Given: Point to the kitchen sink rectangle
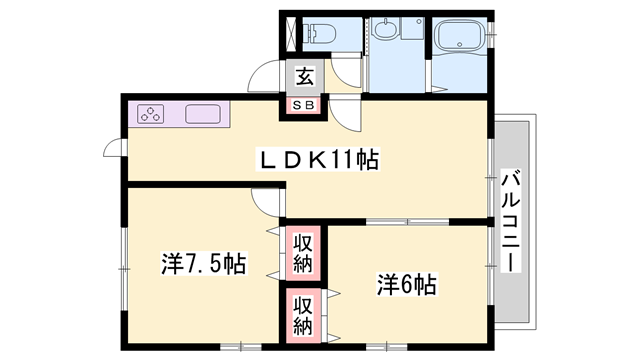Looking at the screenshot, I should pyautogui.click(x=202, y=114).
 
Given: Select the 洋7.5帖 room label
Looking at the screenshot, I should pyautogui.click(x=204, y=265).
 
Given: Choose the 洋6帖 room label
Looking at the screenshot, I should pyautogui.click(x=406, y=283).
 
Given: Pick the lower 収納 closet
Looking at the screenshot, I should pyautogui.click(x=303, y=314).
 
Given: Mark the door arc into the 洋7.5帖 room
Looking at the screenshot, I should pyautogui.click(x=269, y=202).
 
